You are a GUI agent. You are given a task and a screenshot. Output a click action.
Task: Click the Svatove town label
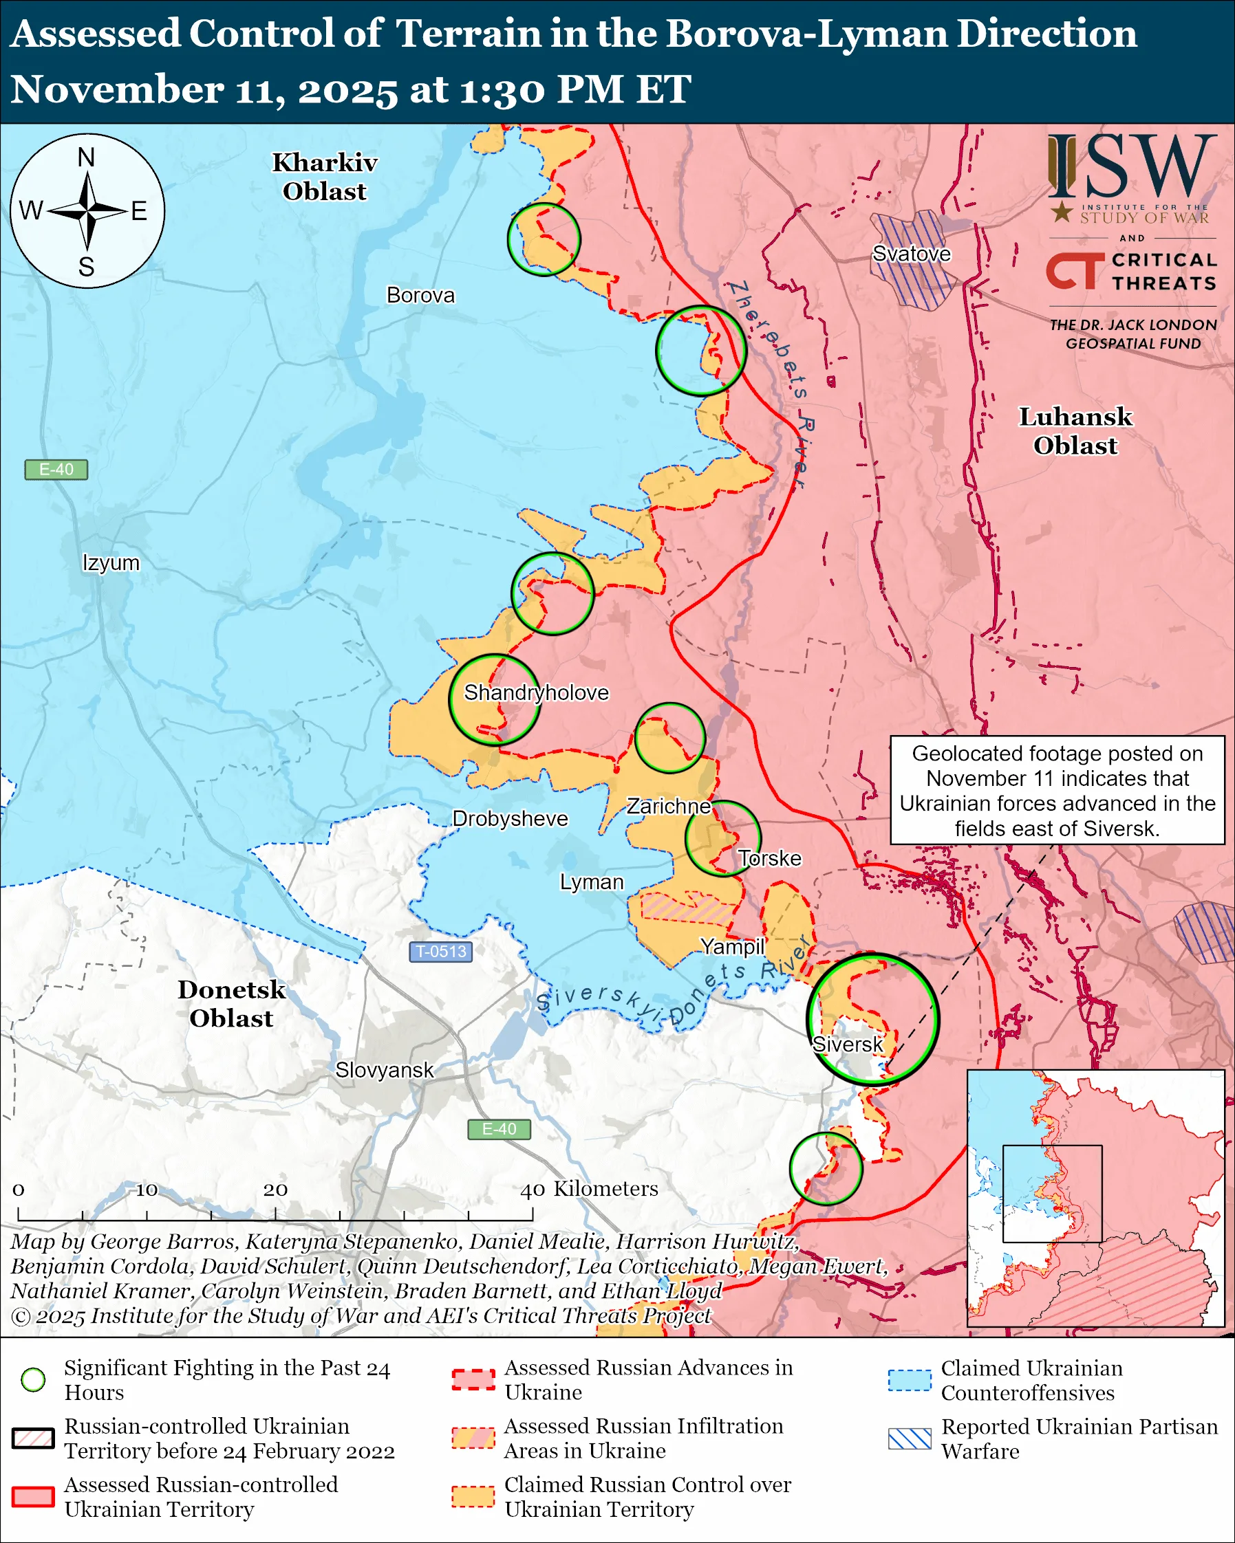911,254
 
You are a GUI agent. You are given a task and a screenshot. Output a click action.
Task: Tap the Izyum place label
111,562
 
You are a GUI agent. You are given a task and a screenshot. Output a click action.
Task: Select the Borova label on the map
420,295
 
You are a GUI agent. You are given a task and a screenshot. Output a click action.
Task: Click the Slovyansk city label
384,1070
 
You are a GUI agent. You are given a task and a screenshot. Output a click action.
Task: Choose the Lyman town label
592,882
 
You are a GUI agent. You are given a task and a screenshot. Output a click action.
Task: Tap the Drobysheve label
510,818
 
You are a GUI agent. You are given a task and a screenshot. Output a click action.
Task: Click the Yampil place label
733,946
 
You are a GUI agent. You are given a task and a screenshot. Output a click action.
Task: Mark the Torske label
770,858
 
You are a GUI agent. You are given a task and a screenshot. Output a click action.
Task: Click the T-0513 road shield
440,951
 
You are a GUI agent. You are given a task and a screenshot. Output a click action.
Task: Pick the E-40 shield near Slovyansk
498,1129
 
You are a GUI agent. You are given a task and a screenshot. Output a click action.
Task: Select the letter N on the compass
86,157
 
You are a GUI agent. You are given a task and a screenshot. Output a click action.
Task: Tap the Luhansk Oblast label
1075,431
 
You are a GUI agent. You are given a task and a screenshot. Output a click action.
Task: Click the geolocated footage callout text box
1057,790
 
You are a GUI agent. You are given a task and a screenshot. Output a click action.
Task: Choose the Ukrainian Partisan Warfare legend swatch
910,1438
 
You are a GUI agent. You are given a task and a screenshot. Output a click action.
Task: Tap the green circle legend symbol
33,1380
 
